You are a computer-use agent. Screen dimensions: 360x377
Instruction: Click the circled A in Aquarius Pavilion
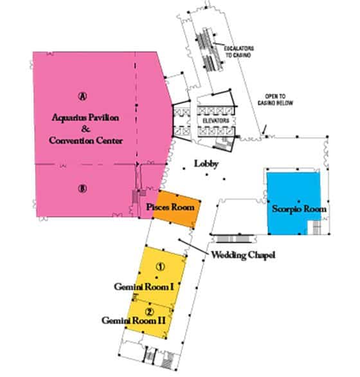point(82,96)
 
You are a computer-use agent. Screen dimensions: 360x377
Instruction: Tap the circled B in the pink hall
point(82,188)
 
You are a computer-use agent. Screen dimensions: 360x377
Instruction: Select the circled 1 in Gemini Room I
point(161,266)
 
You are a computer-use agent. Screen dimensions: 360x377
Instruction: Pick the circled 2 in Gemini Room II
point(149,312)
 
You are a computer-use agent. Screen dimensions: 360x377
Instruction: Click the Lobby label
point(206,164)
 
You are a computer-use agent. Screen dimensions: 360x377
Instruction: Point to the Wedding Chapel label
point(243,255)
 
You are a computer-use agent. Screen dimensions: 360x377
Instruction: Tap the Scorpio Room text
point(299,208)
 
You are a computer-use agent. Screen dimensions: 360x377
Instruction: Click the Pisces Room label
point(170,207)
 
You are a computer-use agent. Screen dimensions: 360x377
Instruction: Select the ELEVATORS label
point(216,120)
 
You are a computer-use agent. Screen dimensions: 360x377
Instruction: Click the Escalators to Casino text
point(239,51)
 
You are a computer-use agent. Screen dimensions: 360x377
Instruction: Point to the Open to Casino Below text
point(275,100)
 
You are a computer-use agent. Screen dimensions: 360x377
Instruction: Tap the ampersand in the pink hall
point(85,129)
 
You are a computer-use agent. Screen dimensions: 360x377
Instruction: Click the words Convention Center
point(85,140)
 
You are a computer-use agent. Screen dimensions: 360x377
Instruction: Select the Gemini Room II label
point(133,320)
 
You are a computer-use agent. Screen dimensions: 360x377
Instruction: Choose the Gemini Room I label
point(144,286)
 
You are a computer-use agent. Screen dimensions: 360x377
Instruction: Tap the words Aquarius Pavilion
point(85,118)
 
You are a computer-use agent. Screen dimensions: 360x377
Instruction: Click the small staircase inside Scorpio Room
point(316,228)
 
